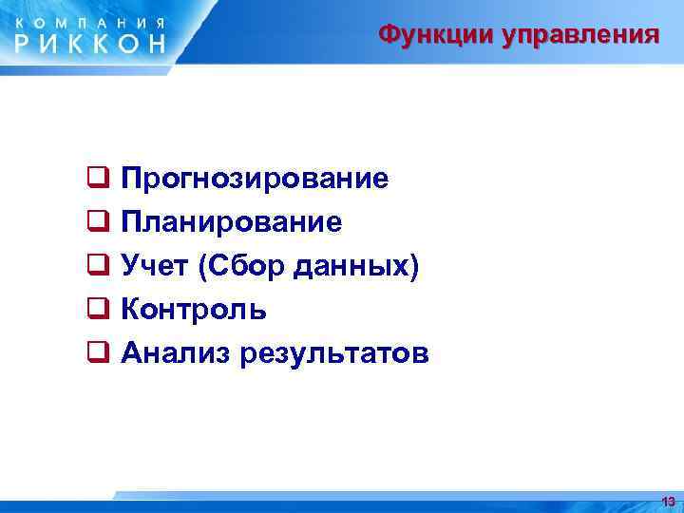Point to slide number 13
668,501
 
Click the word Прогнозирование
255,180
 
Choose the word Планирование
232,223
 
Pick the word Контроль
194,311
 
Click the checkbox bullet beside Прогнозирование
97,177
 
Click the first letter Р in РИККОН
27,43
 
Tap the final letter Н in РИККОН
154,43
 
